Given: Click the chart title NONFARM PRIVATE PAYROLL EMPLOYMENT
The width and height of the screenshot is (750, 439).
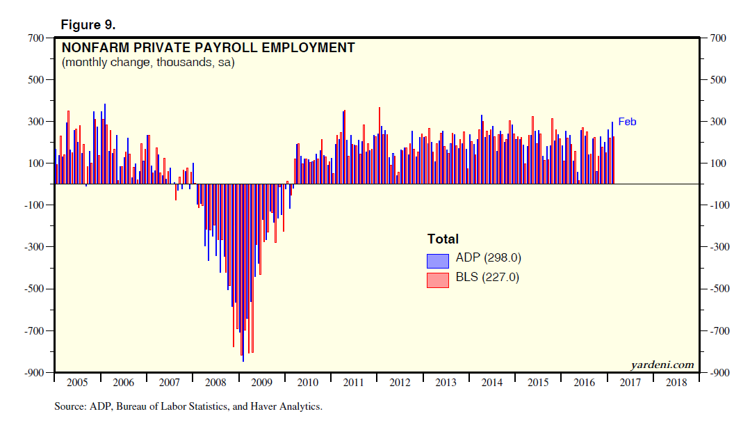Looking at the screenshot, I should click(209, 48).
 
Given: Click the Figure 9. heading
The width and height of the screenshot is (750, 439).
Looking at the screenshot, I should click(88, 25).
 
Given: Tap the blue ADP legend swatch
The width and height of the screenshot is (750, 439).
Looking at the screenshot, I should click(438, 260).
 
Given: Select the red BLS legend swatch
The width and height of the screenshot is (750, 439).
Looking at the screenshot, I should click(438, 280).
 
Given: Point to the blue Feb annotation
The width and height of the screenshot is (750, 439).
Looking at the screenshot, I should click(627, 122).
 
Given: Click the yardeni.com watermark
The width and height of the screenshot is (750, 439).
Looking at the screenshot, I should click(662, 365).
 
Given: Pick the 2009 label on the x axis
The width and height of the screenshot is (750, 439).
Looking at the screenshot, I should click(261, 383).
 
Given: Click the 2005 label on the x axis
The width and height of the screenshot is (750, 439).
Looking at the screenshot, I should click(76, 383).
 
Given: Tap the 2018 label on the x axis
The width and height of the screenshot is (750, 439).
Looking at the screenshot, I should click(677, 383).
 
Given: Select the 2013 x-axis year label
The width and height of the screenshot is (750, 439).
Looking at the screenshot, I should click(446, 383).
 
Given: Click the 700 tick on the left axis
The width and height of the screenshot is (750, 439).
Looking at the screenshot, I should click(36, 38).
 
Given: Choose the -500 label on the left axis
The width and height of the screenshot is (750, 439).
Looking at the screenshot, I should click(33, 289).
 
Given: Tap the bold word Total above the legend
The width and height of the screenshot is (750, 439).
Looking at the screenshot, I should click(443, 239).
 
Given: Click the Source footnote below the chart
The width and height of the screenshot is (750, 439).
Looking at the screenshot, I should click(188, 406).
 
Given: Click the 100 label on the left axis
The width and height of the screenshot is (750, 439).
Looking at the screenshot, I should click(36, 163).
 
